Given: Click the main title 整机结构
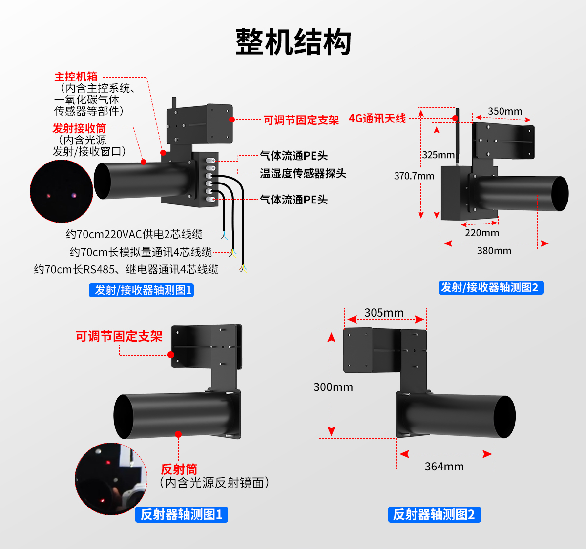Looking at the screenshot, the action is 293,42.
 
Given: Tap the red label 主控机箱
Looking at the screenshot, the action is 76,77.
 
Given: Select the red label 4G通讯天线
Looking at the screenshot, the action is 377,118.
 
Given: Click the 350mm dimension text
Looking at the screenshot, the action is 505,111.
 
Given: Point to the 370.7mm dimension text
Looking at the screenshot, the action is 414,176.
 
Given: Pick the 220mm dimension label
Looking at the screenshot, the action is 482,233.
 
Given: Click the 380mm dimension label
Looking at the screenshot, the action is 494,251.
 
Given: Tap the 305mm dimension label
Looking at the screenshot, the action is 384,313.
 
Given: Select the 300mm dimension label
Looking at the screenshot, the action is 333,387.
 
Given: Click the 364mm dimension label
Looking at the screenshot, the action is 444,467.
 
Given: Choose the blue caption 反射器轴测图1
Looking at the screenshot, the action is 182,514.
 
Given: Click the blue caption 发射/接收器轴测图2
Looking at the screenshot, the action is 491,287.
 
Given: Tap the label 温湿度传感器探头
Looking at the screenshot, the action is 303,173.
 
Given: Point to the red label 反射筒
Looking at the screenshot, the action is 179,469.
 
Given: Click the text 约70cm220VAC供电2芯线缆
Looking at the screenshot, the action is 134,234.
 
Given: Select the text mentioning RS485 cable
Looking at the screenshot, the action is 126,269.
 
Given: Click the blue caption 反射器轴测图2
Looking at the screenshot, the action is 434,514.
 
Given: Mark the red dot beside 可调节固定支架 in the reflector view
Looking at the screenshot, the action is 171,355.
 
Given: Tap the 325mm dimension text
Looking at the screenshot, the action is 438,155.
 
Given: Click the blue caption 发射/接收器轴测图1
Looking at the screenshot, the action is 141,290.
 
